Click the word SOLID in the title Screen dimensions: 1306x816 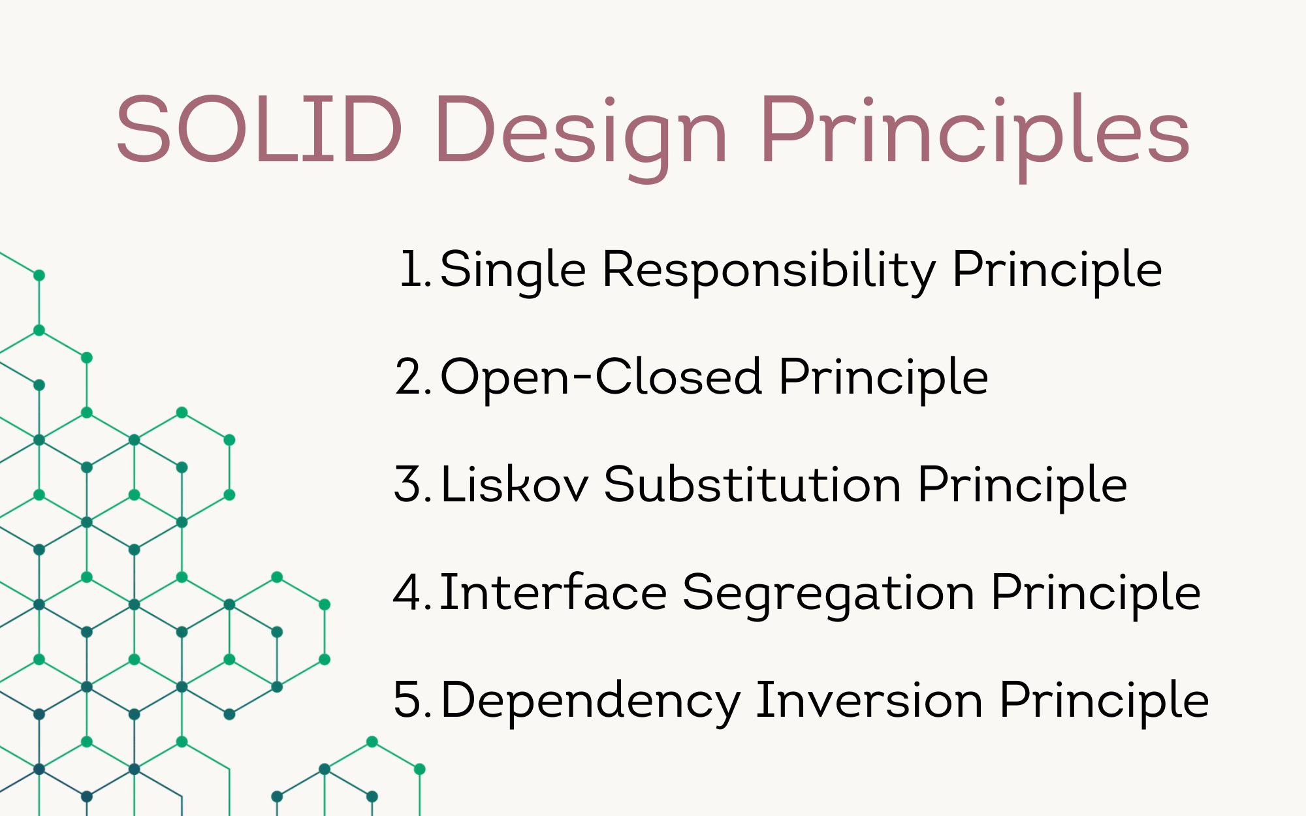(259, 129)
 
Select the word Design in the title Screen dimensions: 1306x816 (581, 137)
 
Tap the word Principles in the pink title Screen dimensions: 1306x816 (975, 137)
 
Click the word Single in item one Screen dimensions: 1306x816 (513, 272)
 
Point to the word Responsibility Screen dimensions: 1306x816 (769, 272)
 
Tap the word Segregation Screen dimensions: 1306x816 (829, 595)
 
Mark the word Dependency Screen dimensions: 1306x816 (590, 702)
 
